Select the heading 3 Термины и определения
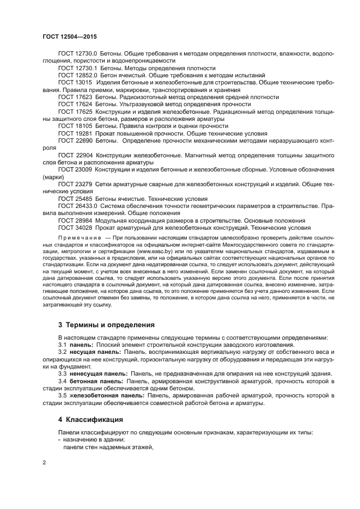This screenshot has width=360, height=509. click(x=106, y=325)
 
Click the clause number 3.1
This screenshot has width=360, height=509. click(x=63, y=345)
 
